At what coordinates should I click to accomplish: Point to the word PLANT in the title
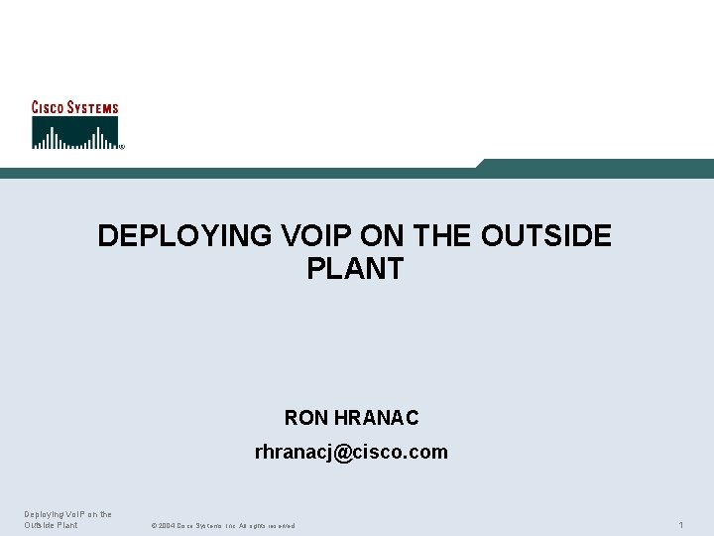pos(355,269)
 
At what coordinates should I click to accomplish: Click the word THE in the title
pos(443,236)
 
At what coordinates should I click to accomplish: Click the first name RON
pos(305,418)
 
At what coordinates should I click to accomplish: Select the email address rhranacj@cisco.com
pos(351,453)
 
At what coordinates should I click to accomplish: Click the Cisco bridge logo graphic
pos(74,133)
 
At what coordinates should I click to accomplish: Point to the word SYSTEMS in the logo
pos(92,107)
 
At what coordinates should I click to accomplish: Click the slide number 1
pos(681,524)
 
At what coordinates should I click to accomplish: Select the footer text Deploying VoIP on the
pos(67,514)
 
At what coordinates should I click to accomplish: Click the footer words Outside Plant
pos(51,525)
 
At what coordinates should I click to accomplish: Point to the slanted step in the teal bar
pos(479,165)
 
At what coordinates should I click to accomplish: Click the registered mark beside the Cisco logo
pos(121,147)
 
